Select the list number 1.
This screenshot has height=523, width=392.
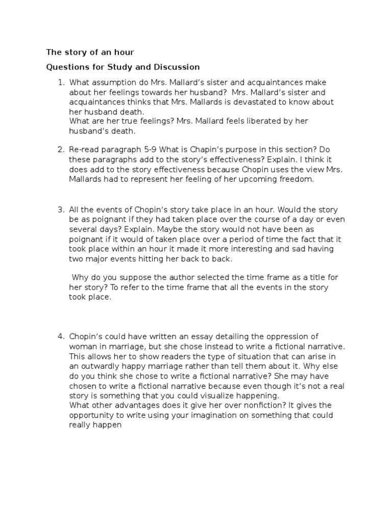pos(61,83)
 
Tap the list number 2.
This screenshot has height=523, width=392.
pos(61,150)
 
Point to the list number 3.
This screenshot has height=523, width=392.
pos(61,210)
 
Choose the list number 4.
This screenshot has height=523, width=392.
pos(61,336)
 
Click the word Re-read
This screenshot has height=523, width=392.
pos(85,150)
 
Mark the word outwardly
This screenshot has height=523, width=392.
pos(100,366)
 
